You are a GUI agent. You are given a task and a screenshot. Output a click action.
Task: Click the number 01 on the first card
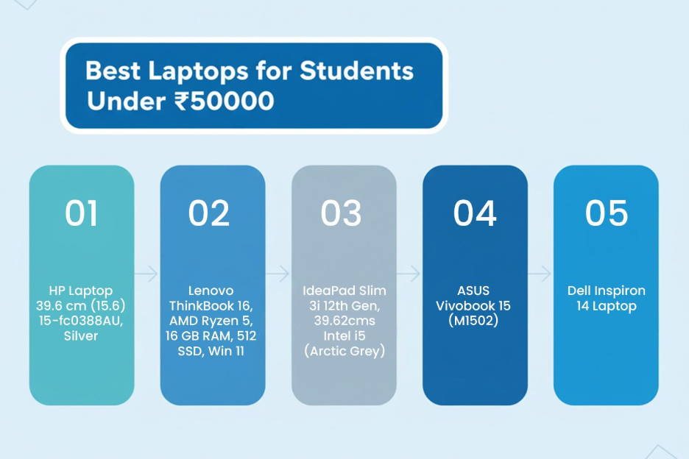point(81,213)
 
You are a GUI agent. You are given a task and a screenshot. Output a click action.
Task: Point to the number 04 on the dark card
point(474,213)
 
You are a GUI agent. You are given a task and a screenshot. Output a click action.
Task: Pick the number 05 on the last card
point(606,213)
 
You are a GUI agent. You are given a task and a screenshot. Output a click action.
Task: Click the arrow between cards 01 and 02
point(146,274)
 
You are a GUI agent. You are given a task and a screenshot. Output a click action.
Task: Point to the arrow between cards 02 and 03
point(278,274)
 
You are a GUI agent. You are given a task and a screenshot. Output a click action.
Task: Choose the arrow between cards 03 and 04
point(409,274)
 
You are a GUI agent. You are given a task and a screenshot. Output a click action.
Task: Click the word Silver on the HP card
point(81,336)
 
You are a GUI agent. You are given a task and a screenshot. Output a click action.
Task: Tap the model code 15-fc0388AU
point(81,321)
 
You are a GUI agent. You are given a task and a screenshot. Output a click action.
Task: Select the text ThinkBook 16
point(211,305)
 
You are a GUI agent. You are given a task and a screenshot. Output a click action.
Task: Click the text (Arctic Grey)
point(344,351)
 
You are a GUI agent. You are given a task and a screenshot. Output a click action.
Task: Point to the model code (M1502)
point(475,321)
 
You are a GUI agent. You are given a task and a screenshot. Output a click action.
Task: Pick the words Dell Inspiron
point(606,291)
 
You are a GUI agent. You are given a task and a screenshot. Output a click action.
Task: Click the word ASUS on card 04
point(475,291)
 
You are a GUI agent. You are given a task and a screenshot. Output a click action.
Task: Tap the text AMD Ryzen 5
point(212,321)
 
